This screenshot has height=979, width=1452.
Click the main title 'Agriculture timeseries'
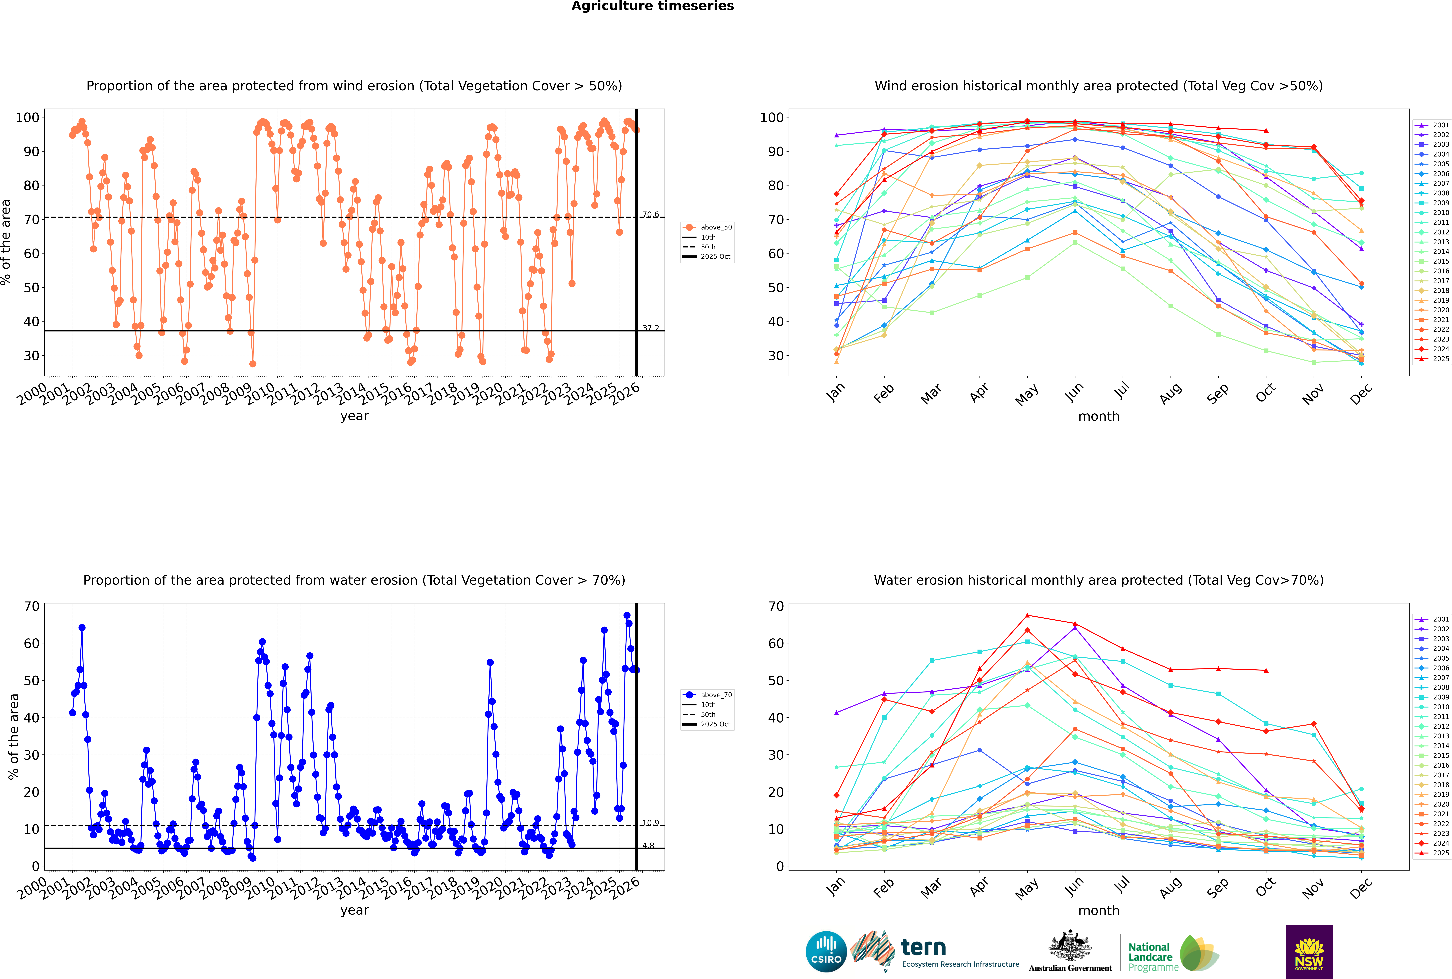[x=652, y=6]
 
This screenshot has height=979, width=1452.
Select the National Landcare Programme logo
[x=1172, y=953]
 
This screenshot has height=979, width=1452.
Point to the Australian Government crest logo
[x=1070, y=952]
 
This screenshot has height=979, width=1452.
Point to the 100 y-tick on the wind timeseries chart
[x=27, y=117]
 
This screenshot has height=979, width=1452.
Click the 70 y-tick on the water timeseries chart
[x=31, y=606]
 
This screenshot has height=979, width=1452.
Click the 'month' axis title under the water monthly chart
[x=1099, y=910]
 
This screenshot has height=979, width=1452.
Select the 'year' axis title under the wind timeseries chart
[x=355, y=416]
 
